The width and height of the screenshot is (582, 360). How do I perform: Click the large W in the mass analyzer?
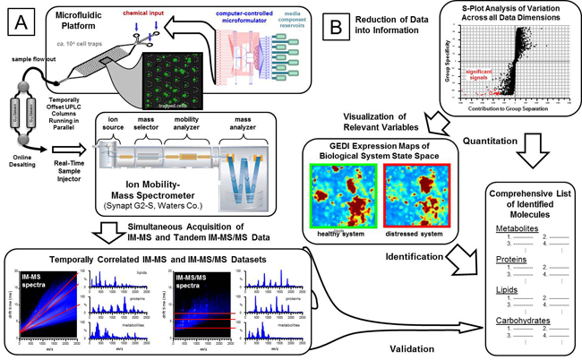(240, 167)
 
